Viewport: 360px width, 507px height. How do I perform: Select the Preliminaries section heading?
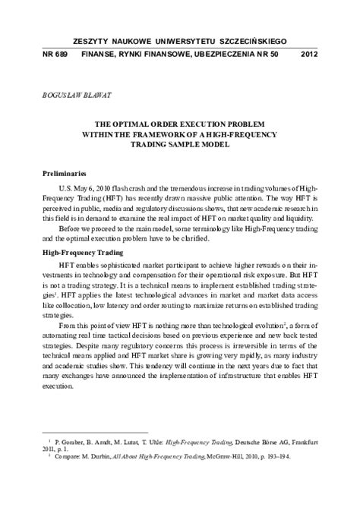(x=69, y=173)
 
